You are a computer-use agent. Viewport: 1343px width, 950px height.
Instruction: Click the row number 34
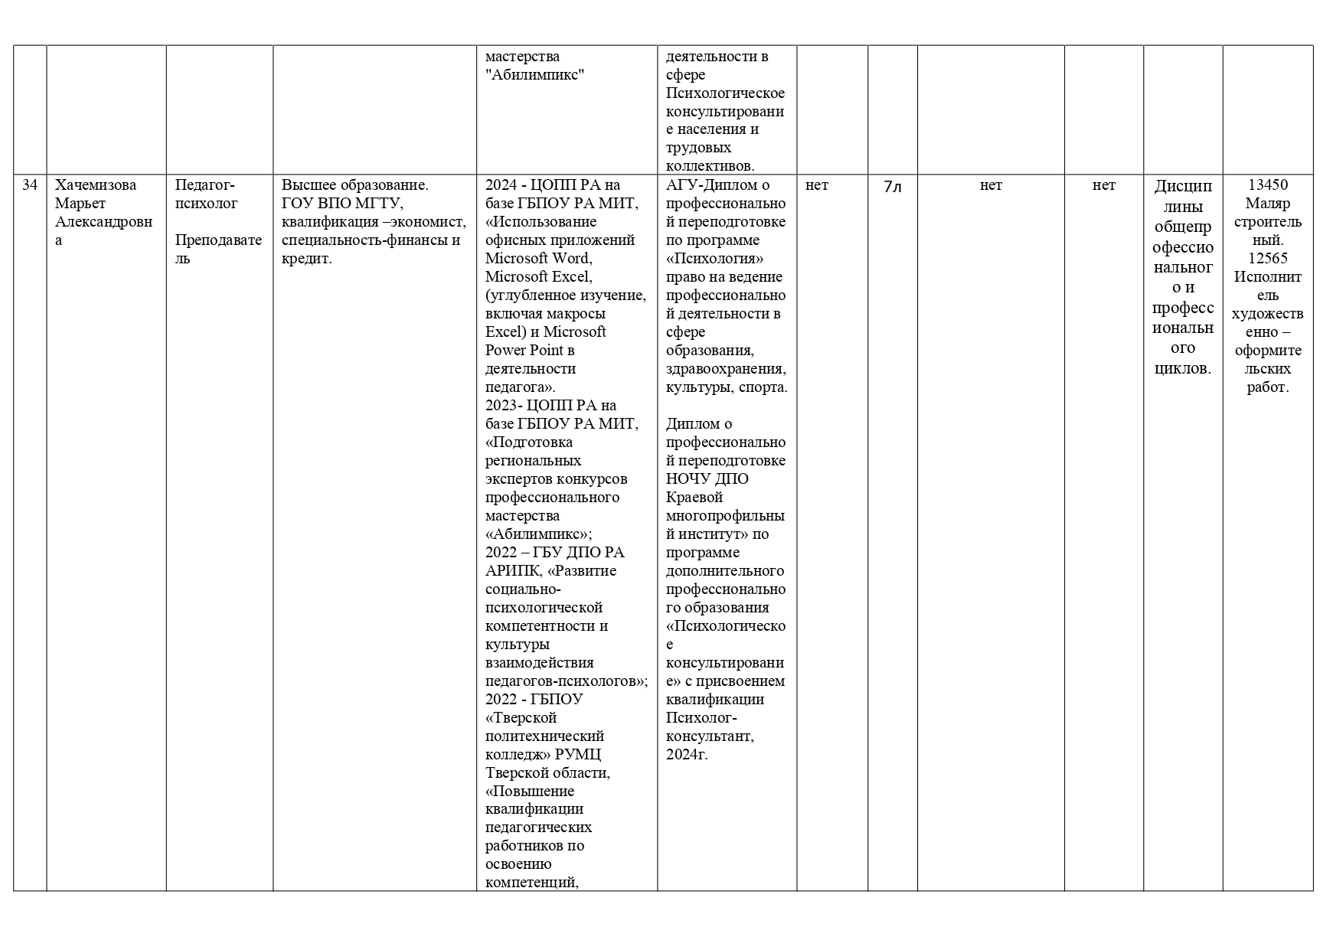[x=30, y=185]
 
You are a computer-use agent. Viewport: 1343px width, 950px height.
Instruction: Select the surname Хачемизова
[x=96, y=185]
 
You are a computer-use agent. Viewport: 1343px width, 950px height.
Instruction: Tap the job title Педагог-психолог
[x=206, y=194]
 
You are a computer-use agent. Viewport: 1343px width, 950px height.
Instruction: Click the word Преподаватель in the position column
[x=218, y=250]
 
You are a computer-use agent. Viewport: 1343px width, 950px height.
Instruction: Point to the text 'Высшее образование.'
[x=355, y=185]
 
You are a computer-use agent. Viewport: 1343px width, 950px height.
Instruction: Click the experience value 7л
[x=893, y=186]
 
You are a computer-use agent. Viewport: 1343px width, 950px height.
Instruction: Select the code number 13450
[x=1268, y=185]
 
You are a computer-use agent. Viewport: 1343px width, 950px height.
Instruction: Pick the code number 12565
[x=1268, y=259]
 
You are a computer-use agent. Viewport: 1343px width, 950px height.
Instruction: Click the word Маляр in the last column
[x=1268, y=204]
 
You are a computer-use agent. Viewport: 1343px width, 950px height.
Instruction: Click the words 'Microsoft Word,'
[x=538, y=259]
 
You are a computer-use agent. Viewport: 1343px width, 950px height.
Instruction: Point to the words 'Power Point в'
[x=530, y=351]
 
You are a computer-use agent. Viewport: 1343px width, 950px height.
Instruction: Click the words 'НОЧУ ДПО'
[x=707, y=479]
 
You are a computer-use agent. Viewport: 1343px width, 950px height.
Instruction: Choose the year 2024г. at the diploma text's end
[x=687, y=755]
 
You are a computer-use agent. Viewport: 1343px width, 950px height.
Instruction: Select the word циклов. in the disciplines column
[x=1183, y=369]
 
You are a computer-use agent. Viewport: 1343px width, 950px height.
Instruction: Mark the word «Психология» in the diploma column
[x=714, y=259]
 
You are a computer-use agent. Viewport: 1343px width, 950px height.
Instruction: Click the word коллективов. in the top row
[x=710, y=166]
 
